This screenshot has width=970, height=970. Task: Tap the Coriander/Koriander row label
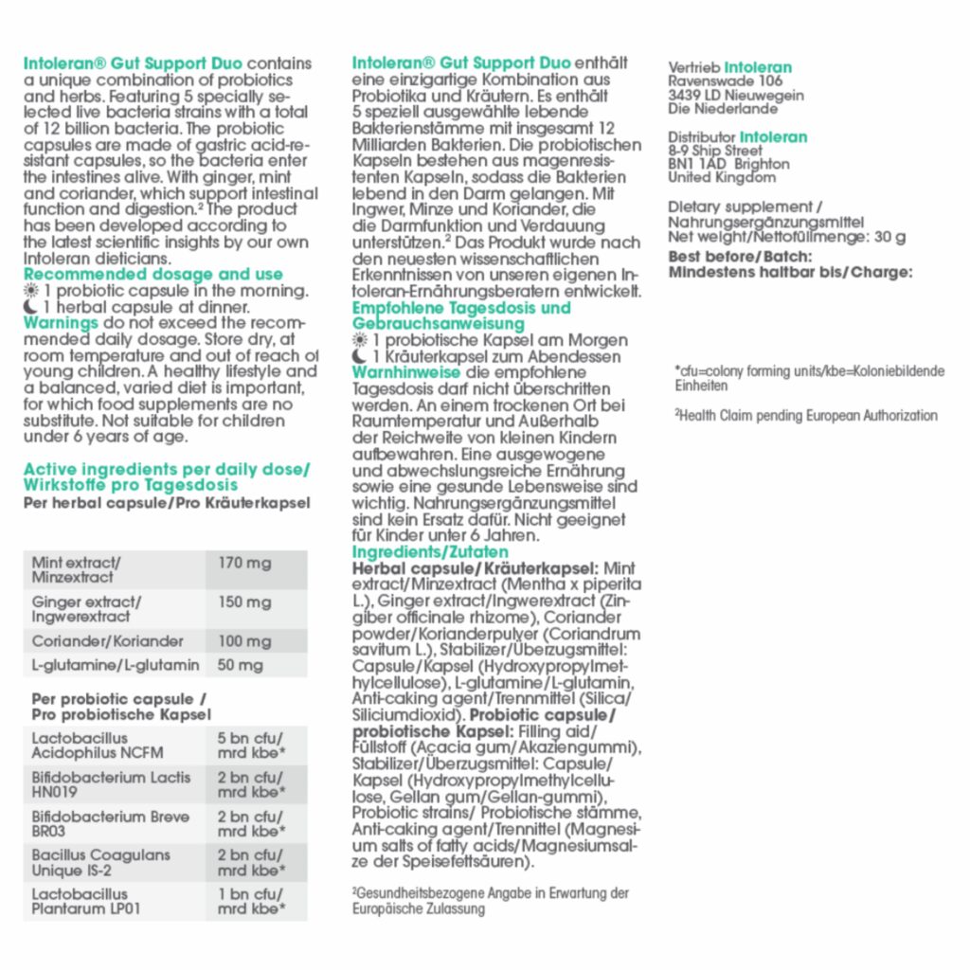(95, 641)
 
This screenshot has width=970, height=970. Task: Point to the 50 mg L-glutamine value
(241, 665)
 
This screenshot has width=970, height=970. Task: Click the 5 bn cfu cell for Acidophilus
(250, 745)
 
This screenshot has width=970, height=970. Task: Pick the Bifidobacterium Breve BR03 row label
(110, 824)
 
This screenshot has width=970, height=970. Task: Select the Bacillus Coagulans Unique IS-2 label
(100, 862)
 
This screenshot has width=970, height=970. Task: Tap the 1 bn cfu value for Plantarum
(250, 901)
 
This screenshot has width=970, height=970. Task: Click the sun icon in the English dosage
(30, 291)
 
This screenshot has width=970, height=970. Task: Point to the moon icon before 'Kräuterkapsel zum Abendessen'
(359, 357)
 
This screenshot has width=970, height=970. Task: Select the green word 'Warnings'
(61, 323)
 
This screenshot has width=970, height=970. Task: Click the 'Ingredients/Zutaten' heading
(430, 552)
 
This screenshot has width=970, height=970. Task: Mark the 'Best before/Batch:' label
(739, 256)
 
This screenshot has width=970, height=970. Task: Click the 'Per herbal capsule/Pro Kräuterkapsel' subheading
(167, 503)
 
